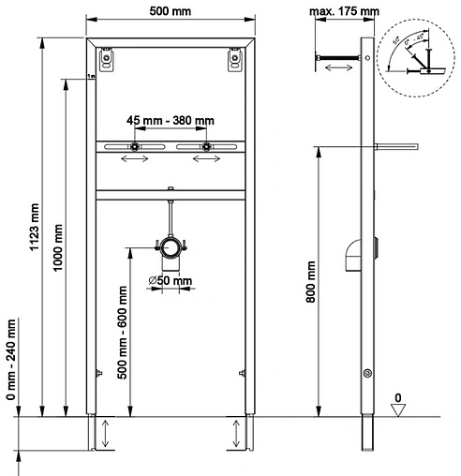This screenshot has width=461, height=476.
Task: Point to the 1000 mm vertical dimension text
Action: (x=58, y=246)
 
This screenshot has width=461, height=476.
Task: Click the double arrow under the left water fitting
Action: (x=134, y=160)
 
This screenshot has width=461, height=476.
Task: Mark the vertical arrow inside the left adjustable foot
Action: (x=106, y=434)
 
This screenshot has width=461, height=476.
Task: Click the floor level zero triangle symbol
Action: (x=399, y=408)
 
